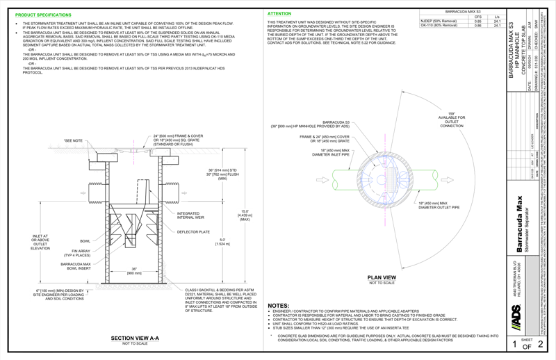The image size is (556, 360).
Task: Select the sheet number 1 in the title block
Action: pyautogui.click(x=514, y=344)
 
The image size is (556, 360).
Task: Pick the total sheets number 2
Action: pyautogui.click(x=542, y=344)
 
